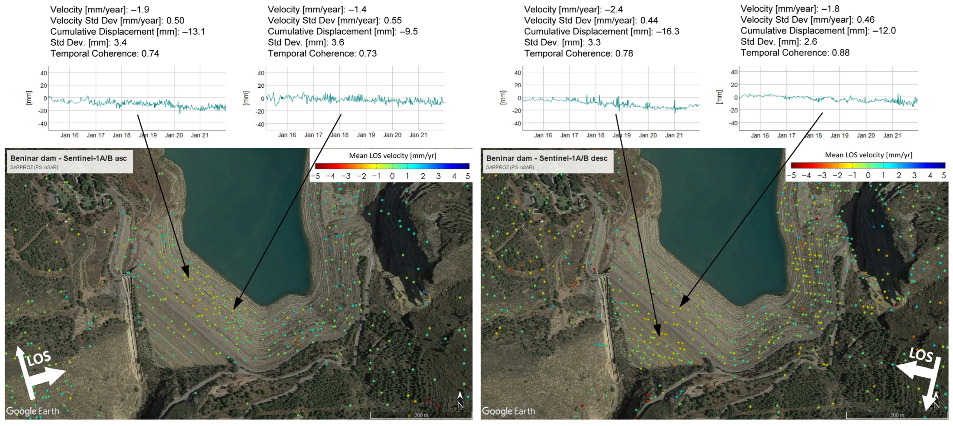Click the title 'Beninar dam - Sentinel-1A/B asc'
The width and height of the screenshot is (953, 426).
point(69,158)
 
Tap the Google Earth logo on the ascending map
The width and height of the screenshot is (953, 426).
point(33,411)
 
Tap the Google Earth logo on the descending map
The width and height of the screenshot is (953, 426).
point(508,411)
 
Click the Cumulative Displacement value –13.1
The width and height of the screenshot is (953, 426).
point(194,32)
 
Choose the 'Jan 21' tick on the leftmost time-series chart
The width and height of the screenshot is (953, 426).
point(200,135)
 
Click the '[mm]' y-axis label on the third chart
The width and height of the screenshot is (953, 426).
point(502,97)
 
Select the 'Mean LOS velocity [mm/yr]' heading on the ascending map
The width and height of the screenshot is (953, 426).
point(392,156)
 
